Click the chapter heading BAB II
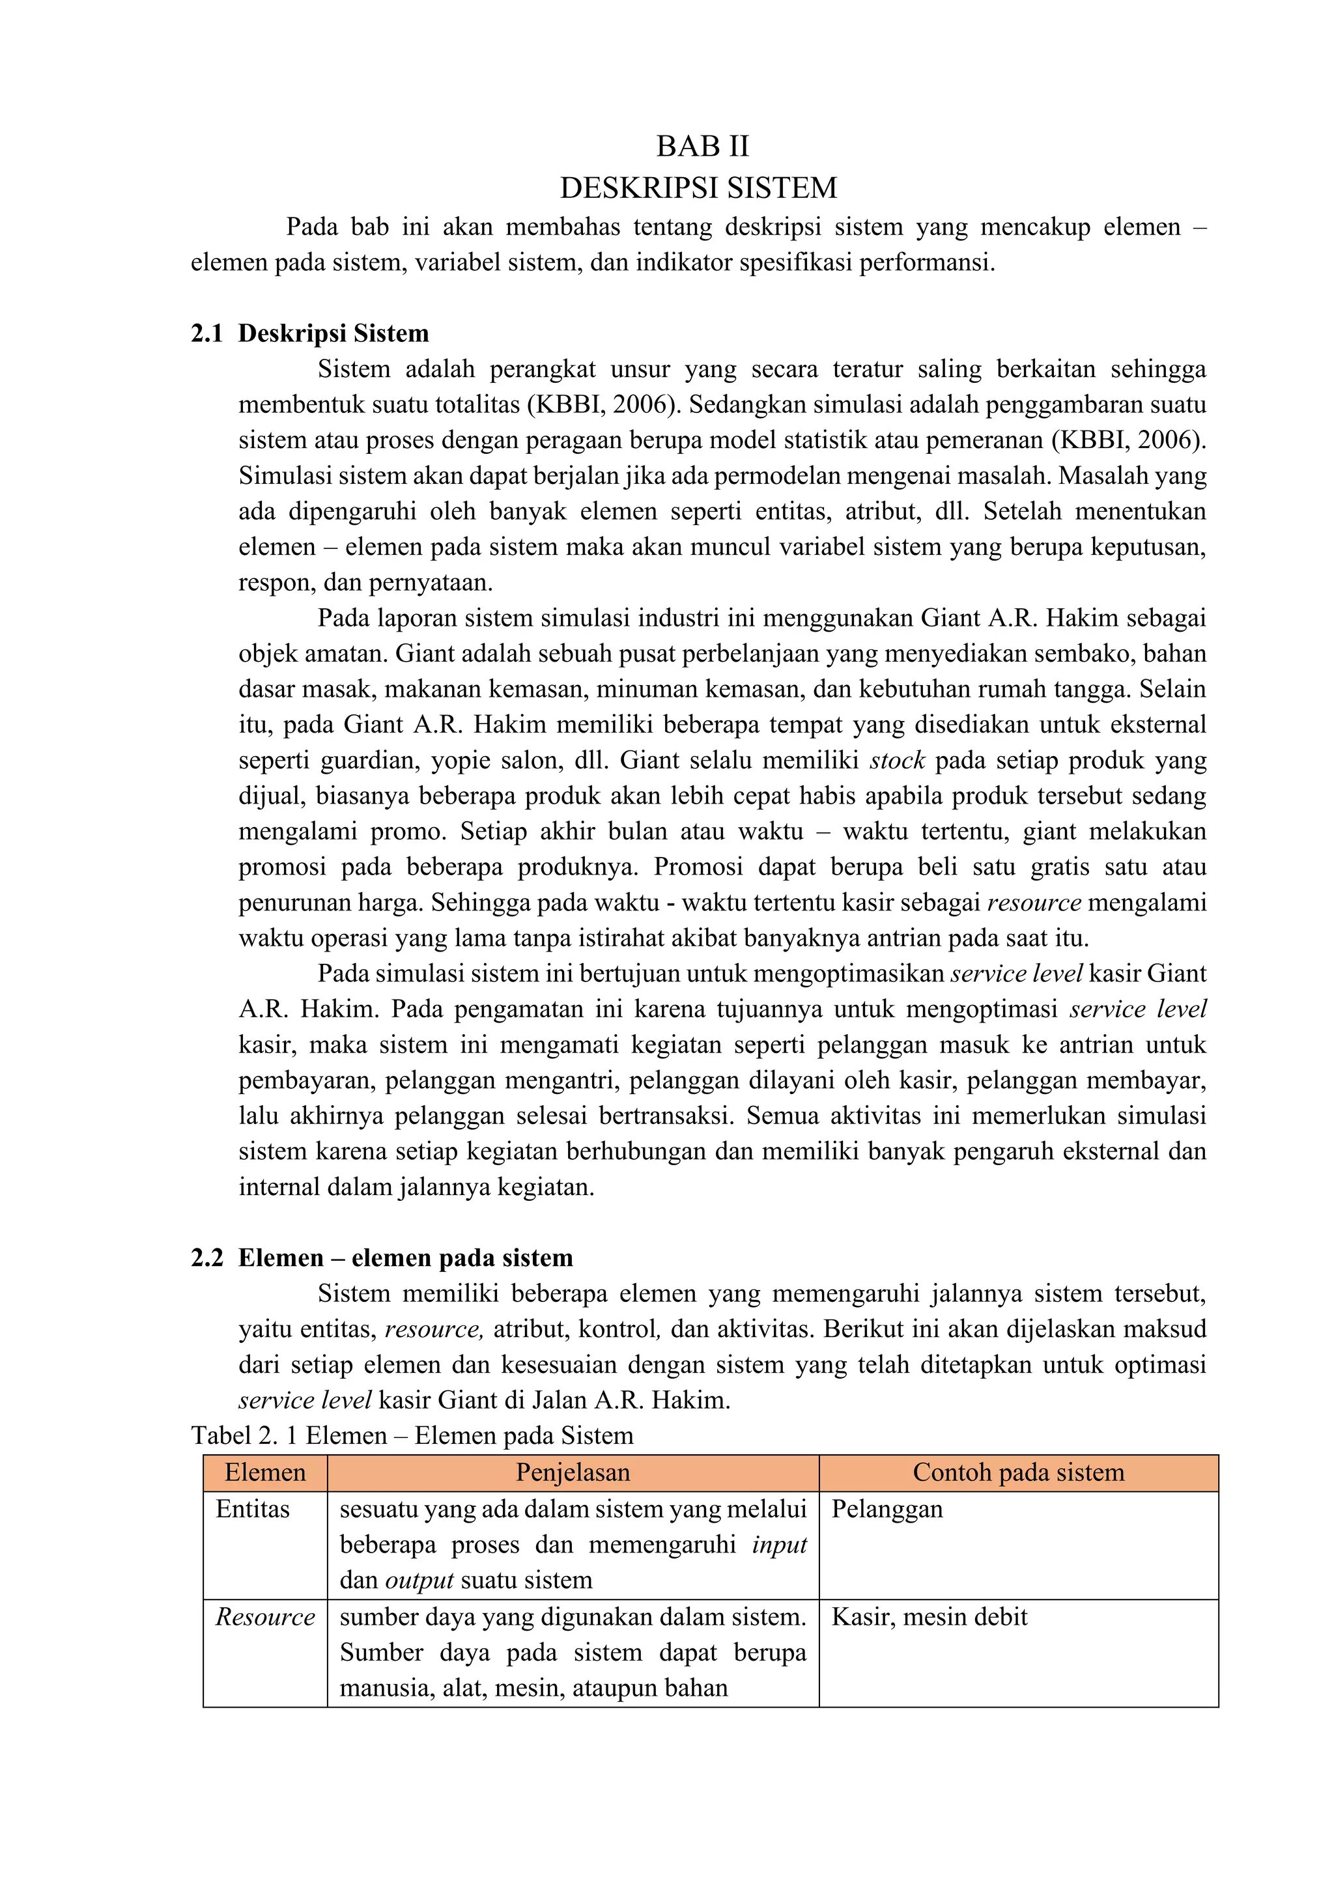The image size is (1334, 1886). point(702,147)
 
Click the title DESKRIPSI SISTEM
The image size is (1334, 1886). point(698,188)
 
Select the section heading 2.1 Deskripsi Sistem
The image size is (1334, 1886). point(309,333)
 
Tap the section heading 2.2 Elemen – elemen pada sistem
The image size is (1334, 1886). point(382,1258)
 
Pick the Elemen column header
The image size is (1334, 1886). point(264,1473)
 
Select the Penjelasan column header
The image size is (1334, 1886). point(573,1473)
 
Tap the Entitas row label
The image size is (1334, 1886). point(252,1509)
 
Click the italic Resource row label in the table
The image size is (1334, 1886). point(264,1618)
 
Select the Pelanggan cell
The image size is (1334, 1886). point(887,1509)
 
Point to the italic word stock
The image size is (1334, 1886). point(897,761)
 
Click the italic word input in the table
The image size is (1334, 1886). point(780,1545)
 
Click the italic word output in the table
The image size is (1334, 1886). point(419,1581)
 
